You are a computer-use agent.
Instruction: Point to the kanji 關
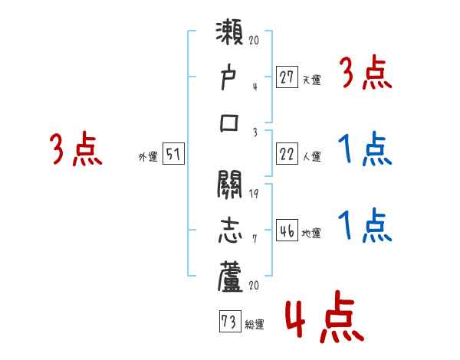[230, 186]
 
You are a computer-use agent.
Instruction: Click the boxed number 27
[286, 77]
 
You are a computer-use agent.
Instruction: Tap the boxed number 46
[286, 231]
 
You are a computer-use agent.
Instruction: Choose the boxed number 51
[173, 155]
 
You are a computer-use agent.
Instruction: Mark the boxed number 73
[228, 321]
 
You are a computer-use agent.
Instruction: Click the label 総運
[254, 324]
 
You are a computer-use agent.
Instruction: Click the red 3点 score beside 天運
[365, 75]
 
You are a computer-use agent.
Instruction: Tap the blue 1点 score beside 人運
[365, 150]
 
